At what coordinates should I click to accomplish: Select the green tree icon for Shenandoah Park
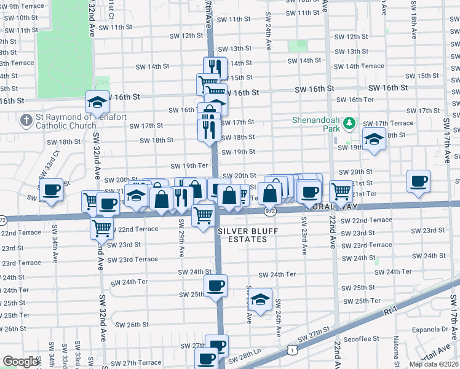349,124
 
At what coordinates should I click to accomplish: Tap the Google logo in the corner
21,362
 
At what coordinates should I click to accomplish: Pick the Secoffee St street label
361,339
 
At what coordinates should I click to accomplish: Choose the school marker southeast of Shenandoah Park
373,139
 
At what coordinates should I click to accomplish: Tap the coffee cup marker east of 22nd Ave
418,181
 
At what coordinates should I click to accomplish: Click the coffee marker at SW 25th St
215,285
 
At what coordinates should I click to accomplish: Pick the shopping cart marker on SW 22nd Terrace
101,228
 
